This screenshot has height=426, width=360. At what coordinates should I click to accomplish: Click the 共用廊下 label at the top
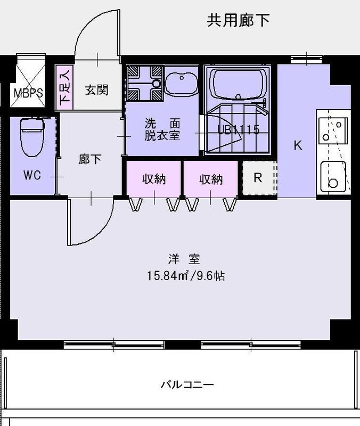click(x=238, y=21)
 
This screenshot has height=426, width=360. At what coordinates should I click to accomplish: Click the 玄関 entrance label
click(x=96, y=89)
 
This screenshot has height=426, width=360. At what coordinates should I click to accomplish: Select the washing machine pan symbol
click(x=144, y=83)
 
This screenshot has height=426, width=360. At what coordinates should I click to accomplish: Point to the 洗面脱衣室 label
click(x=162, y=129)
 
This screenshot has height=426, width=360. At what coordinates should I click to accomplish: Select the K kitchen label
click(x=298, y=145)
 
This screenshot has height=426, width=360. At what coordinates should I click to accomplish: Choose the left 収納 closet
click(x=153, y=179)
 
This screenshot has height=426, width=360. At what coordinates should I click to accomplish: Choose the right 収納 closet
click(x=211, y=179)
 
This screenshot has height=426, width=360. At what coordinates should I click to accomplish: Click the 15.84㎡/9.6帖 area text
click(x=185, y=276)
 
